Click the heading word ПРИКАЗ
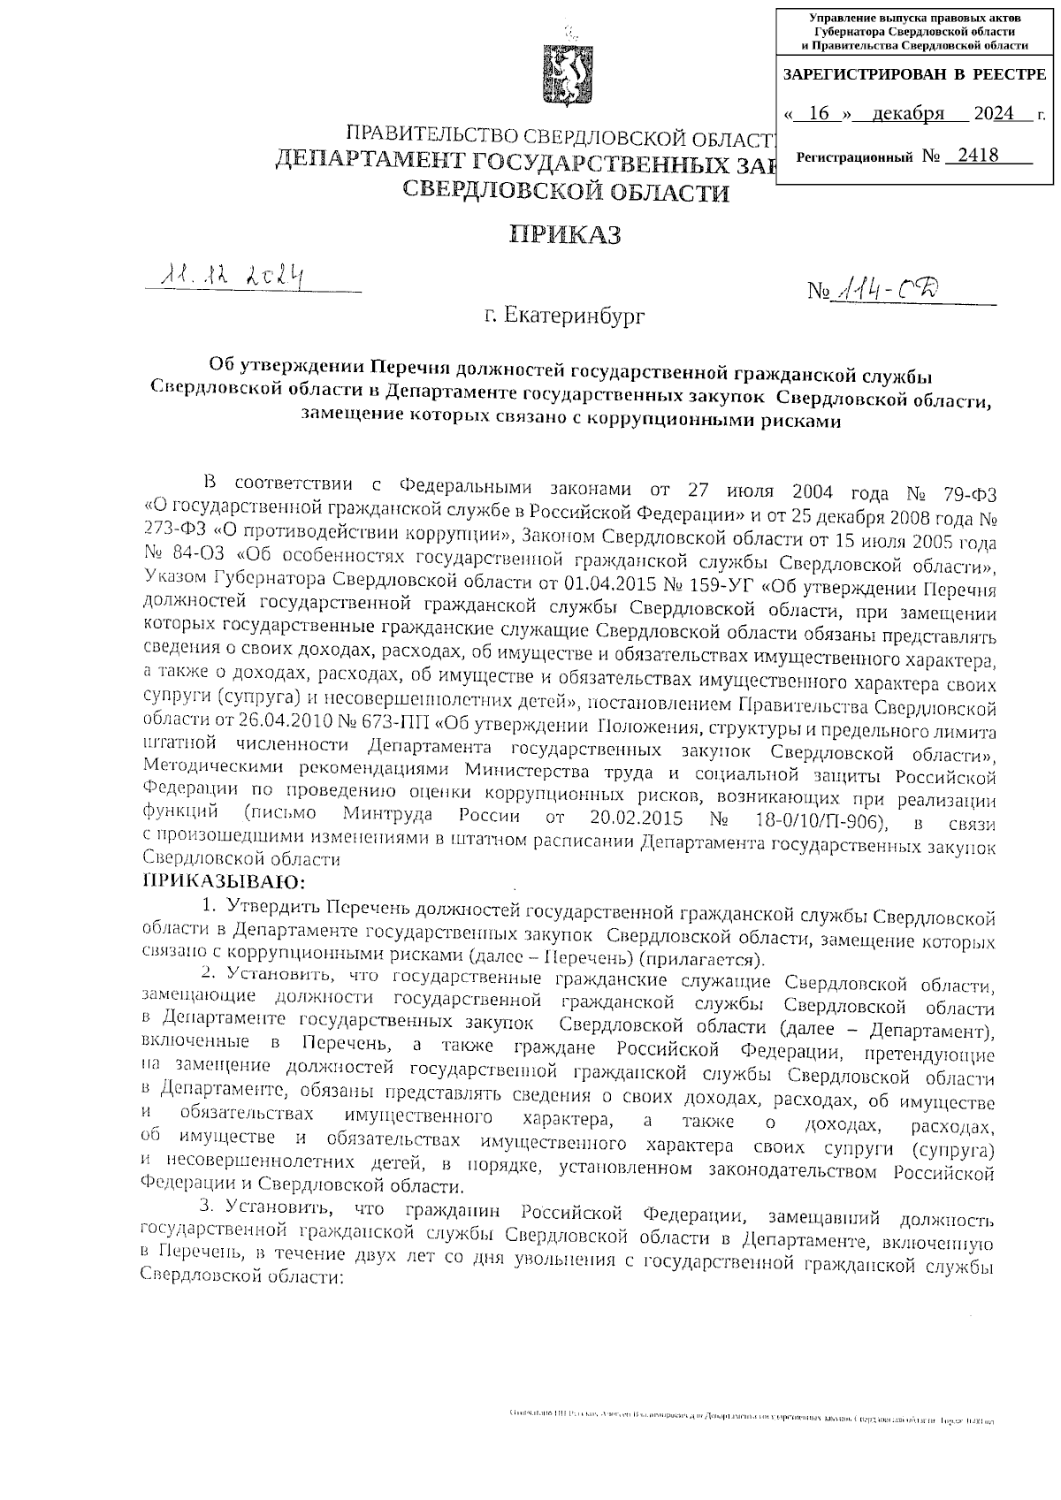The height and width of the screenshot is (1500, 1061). pos(566,234)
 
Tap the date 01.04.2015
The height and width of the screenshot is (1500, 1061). pos(585,588)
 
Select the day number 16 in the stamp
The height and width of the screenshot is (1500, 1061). pos(821,114)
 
